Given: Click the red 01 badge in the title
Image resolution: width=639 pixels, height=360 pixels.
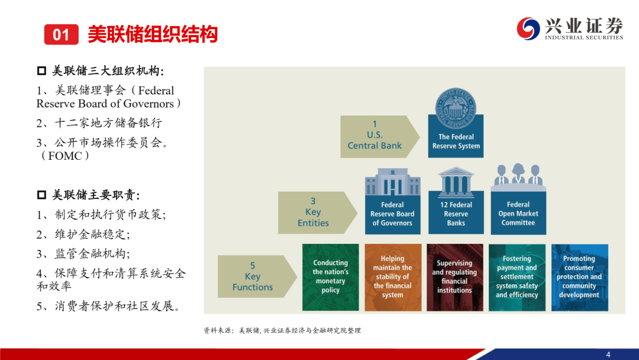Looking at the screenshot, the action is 61,34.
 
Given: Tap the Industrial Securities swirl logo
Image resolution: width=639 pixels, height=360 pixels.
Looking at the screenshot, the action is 528,28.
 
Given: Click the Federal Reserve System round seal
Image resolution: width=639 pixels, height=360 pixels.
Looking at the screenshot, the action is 456,108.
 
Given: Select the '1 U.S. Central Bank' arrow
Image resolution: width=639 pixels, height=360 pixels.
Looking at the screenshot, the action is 380,137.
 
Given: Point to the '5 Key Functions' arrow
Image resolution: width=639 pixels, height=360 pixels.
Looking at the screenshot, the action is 257,277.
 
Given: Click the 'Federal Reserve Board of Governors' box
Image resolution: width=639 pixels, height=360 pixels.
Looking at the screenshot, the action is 392,213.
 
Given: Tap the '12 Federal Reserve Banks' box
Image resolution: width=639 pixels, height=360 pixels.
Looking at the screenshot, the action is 456,213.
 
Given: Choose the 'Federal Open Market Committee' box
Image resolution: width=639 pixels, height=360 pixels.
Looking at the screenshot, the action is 518,213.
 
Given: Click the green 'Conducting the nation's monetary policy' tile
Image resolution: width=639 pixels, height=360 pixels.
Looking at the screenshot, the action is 331,277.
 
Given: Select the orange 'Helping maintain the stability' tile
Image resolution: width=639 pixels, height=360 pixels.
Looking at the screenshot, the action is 393,277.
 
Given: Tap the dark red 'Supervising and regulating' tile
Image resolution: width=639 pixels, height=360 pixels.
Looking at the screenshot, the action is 455,277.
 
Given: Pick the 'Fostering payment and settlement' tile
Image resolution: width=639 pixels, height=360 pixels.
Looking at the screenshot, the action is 517,277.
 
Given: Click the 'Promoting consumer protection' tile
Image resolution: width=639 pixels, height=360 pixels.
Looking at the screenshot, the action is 579,277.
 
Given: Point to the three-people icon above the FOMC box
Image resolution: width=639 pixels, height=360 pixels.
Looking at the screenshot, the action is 518,176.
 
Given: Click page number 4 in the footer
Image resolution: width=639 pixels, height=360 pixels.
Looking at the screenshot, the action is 608,354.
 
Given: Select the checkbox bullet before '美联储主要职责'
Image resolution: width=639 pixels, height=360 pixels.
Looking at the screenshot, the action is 41,194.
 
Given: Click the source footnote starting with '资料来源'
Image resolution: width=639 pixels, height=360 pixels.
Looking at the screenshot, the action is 282,330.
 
